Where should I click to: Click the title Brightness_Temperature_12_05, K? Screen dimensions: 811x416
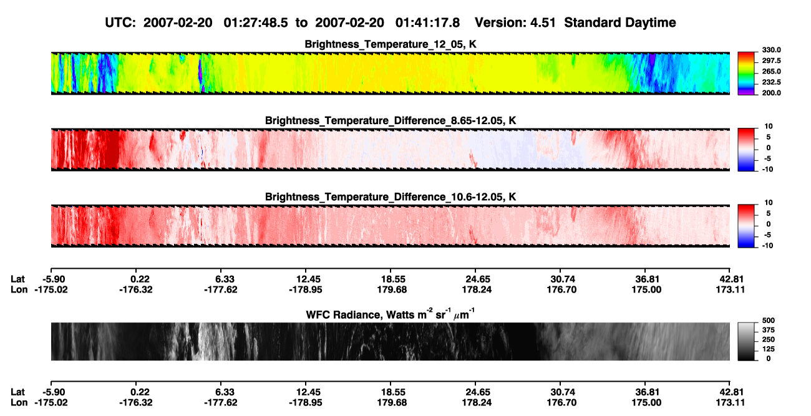pos(391,44)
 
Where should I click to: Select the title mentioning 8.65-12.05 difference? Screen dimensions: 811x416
pos(391,120)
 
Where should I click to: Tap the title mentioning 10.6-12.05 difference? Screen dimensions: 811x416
pos(391,197)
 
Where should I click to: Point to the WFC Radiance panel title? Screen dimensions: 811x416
pos(391,314)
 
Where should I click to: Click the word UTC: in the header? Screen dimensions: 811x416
pos(120,23)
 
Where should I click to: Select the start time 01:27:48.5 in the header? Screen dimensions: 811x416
pos(256,23)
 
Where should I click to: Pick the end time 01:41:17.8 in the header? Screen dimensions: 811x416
pos(427,23)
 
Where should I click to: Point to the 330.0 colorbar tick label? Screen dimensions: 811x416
pos(771,50)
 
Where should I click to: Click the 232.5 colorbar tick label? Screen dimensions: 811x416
pos(771,82)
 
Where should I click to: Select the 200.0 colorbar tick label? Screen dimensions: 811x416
pos(771,93)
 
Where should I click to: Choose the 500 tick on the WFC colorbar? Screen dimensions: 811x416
pos(769,321)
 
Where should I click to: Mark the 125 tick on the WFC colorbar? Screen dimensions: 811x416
pos(769,349)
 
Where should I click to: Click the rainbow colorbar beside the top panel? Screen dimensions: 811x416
pos(746,74)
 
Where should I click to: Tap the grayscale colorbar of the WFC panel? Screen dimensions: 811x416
pos(746,341)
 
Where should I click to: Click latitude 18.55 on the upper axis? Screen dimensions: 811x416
pos(393,279)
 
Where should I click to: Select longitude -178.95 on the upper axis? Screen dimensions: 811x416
pos(306,289)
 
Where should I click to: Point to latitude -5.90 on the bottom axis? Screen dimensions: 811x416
pos(54,392)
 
